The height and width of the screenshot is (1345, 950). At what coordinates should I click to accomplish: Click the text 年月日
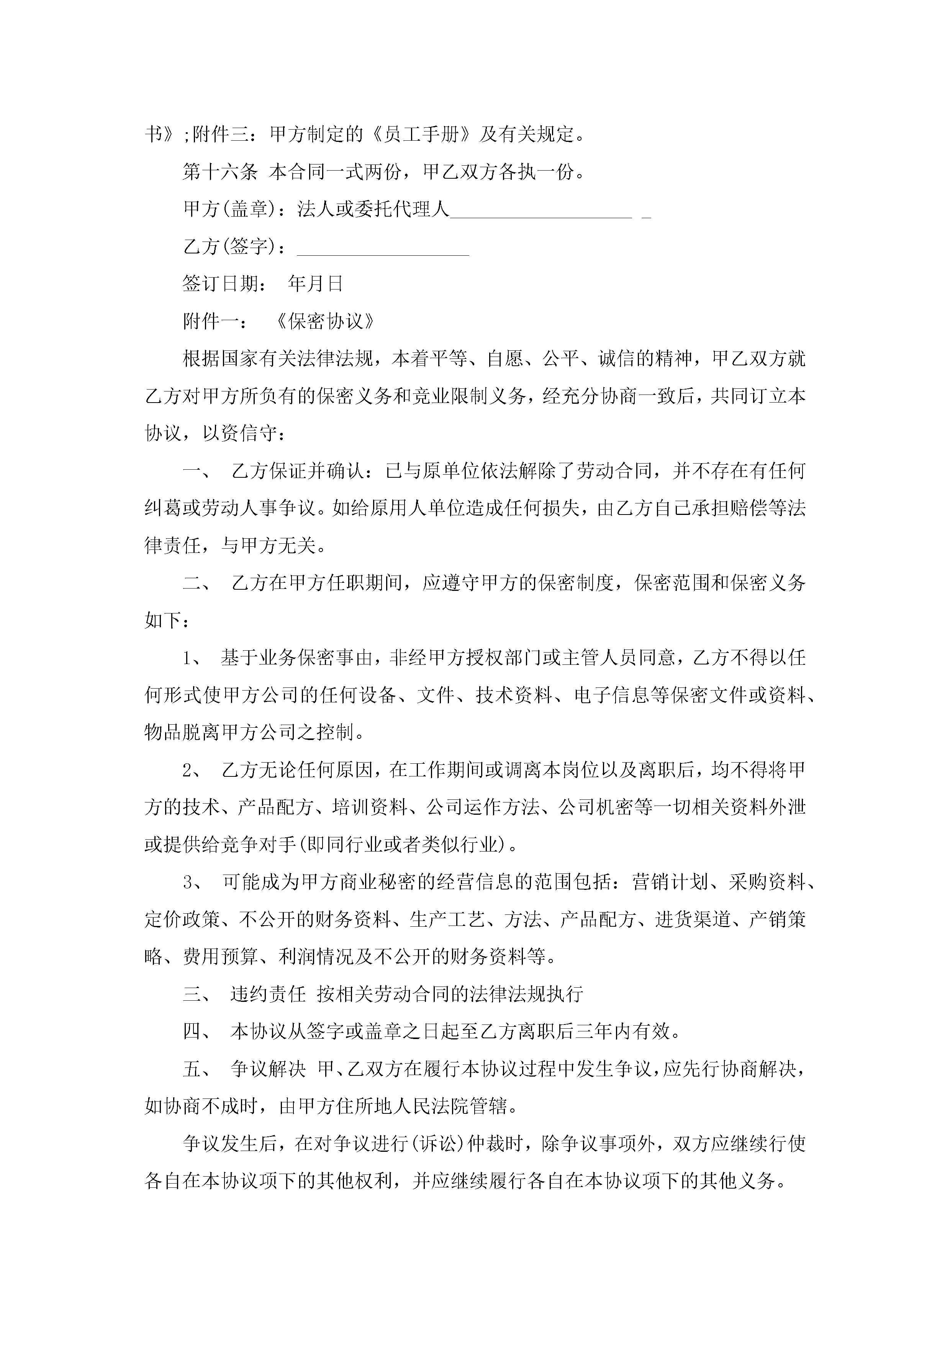[315, 284]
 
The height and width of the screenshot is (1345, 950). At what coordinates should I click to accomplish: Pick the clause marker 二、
[199, 583]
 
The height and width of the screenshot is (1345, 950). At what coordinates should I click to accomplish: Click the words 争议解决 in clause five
[268, 1069]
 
